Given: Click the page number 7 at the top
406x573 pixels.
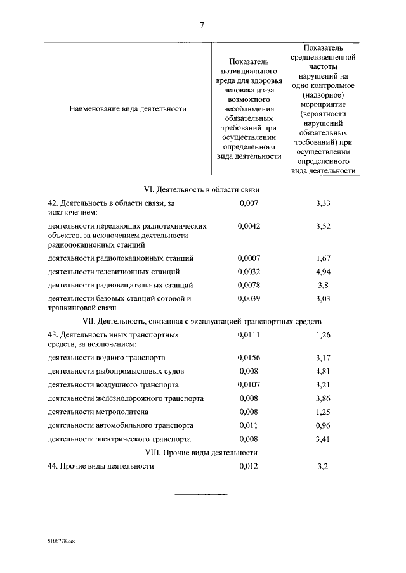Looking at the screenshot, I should coord(202,25).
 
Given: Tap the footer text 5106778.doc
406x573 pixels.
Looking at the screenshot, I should coord(61,542).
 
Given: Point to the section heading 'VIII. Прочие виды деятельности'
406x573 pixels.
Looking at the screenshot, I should coord(201,453).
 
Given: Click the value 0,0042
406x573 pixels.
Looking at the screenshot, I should coord(249,226).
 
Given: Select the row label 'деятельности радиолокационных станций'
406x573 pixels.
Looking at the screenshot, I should coord(121,258).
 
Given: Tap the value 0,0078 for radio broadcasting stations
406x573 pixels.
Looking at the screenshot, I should coord(249,285).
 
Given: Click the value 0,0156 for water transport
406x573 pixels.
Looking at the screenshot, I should coord(249,357).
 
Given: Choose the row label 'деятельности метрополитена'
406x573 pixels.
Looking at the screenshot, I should coord(98,412).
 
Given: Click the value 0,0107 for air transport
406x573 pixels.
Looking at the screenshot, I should coord(249,384).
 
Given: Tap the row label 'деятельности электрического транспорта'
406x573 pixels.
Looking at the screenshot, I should coord(119,439).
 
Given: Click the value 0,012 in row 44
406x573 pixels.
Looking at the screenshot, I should coord(249,466).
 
